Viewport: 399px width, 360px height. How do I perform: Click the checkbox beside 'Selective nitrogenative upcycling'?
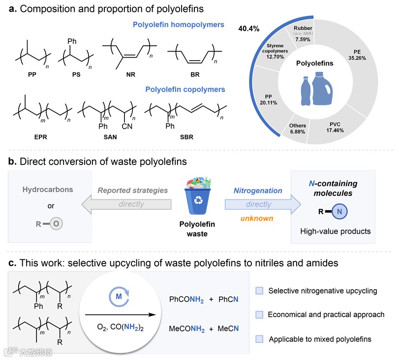pos(260,291)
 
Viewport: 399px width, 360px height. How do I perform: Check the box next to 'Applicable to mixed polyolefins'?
pos(260,339)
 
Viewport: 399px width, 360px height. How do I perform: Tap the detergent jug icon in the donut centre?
pos(321,88)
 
